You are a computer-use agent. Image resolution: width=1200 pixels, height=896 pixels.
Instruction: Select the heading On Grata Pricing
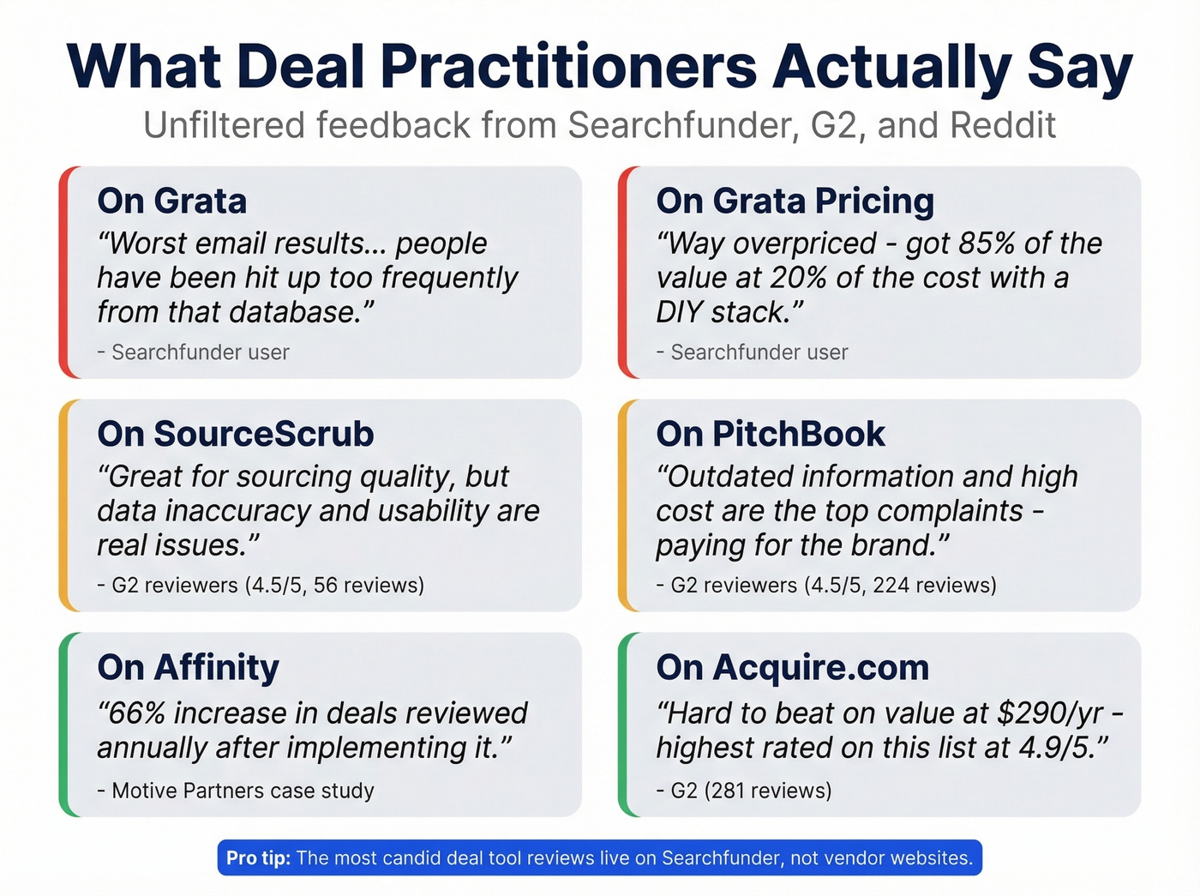coord(795,201)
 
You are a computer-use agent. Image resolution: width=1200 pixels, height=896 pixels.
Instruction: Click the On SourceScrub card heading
coord(236,434)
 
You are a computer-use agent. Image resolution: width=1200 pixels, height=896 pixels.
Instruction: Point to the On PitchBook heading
coord(770,434)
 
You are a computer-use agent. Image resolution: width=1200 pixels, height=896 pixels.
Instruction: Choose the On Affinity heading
coord(189,667)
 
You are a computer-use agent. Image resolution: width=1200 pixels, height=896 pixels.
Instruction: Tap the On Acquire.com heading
coord(792,667)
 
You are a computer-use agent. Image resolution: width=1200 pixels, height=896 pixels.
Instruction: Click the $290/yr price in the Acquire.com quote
coord(1050,713)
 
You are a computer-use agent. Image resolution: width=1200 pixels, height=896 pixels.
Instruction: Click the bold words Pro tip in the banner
coord(258,858)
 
